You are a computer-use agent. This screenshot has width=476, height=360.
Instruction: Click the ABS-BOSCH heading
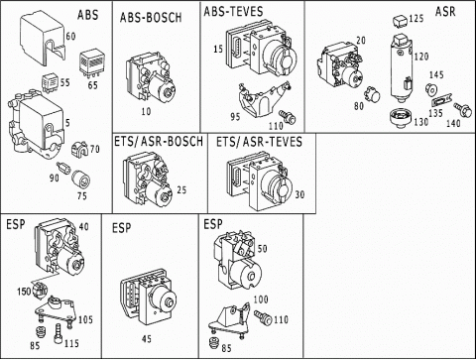pyautogui.click(x=151, y=18)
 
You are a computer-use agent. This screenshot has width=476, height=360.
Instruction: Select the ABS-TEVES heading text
pyautogui.click(x=233, y=11)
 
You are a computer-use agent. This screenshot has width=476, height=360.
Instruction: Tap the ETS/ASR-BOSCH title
pyautogui.click(x=159, y=141)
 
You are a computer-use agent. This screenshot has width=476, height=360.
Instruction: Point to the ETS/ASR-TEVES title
pyautogui.click(x=259, y=142)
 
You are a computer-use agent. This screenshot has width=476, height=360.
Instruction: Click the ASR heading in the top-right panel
pyautogui.click(x=445, y=11)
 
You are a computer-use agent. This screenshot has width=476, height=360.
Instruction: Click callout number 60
pyautogui.click(x=70, y=36)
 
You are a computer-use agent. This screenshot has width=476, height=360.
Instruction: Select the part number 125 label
pyautogui.click(x=416, y=18)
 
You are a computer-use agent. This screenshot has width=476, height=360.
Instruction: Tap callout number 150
pyautogui.click(x=24, y=292)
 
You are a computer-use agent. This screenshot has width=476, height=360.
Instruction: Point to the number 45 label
pyautogui.click(x=147, y=339)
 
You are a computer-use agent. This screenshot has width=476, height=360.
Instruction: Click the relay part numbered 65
pyautogui.click(x=91, y=61)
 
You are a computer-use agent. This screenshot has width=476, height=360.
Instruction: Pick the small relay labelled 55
pyautogui.click(x=51, y=82)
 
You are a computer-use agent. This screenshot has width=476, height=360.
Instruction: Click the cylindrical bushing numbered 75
pyautogui.click(x=81, y=179)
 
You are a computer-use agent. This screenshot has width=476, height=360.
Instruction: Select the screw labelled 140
pyautogui.click(x=462, y=110)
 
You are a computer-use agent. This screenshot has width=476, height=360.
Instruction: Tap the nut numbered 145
pyautogui.click(x=431, y=89)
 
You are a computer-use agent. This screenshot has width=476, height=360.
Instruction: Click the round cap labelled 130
pyautogui.click(x=401, y=118)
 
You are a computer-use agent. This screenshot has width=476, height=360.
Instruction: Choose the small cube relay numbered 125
pyautogui.click(x=400, y=21)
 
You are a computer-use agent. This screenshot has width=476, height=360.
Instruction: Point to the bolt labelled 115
pyautogui.click(x=59, y=334)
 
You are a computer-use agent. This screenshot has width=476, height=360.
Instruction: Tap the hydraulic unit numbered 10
pyautogui.click(x=151, y=78)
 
